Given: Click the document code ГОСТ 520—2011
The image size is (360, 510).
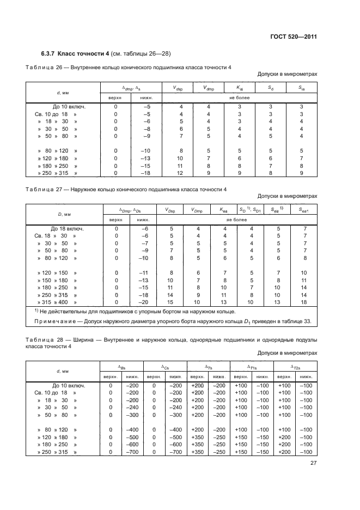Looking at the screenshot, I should point(294,37).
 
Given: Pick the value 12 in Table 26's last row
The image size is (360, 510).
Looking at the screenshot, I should point(180,173).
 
